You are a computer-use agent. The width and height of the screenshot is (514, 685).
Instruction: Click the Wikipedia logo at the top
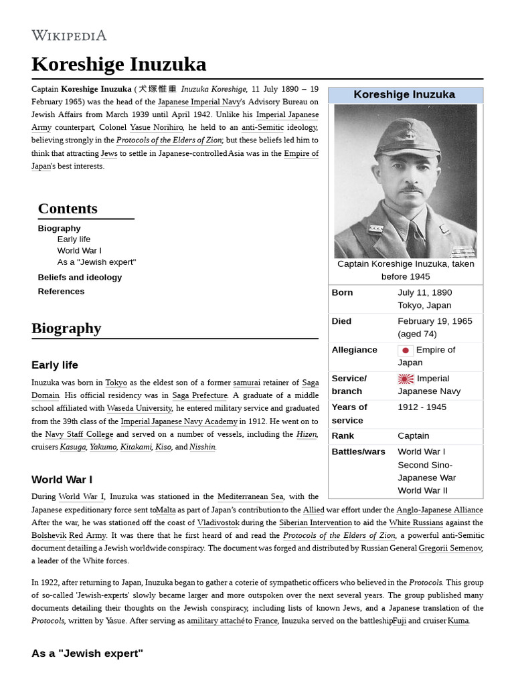point(69,35)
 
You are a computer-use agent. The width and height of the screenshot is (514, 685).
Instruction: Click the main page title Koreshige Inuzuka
point(118,64)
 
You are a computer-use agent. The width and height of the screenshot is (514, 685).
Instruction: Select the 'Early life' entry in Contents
point(74,239)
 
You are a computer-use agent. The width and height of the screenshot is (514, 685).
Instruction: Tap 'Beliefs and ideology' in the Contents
point(80,277)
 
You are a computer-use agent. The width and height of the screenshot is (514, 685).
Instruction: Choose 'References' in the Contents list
point(61,291)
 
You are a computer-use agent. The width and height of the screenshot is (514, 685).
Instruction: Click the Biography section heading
point(66,328)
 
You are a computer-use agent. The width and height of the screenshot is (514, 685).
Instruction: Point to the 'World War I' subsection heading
point(62,480)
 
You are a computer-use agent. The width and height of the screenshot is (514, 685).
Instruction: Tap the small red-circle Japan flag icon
point(406,351)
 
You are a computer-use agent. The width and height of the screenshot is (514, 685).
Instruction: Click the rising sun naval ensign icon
point(406,379)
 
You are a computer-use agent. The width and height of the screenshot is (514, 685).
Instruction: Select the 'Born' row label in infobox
point(342,292)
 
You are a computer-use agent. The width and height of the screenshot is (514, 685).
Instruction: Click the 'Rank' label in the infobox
point(343,435)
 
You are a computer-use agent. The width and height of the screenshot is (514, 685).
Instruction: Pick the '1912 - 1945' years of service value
point(422,407)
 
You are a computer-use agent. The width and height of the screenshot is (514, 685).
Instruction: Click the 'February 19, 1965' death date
point(434,321)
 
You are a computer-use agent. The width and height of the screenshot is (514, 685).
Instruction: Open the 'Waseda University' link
point(139,408)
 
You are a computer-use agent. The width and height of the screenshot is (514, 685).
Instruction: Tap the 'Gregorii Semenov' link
point(450,549)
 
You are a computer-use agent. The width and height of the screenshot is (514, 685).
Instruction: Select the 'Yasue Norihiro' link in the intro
point(156,127)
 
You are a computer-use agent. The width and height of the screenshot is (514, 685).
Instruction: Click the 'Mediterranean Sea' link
point(250,496)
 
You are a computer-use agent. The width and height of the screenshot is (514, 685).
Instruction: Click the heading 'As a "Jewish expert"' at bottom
point(87,653)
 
